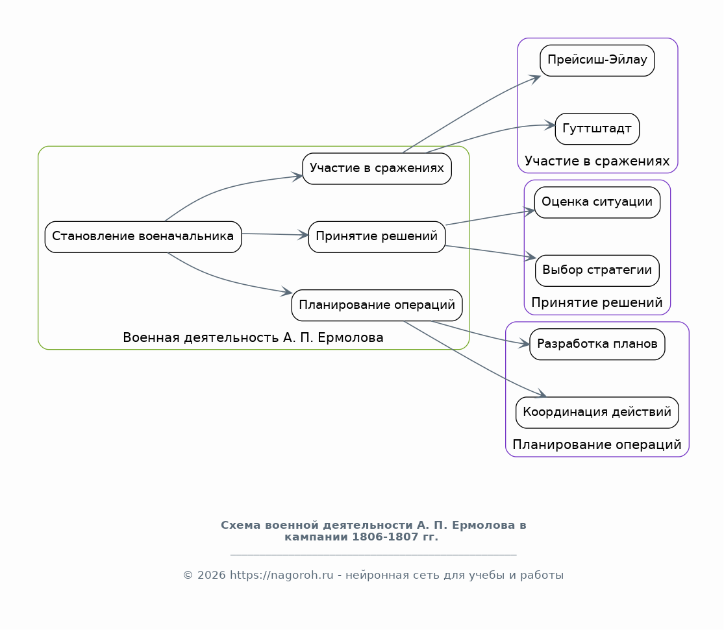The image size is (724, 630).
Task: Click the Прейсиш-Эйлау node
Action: pos(597,60)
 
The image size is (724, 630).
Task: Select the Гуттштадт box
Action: pos(597,128)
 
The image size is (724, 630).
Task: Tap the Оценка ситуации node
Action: pos(597,202)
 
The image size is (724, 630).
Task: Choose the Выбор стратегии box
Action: pos(597,271)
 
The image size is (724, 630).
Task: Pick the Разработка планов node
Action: pos(597,345)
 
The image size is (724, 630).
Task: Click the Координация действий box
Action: pos(597,413)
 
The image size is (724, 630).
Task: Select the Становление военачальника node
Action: pos(143,237)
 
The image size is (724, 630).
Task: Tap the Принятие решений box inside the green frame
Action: pos(377,237)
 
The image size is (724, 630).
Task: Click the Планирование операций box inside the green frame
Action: pos(377,305)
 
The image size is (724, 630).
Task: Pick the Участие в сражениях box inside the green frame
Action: pos(377,169)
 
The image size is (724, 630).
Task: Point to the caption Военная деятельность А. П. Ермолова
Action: pos(253,338)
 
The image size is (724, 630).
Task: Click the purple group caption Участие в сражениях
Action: pos(597,161)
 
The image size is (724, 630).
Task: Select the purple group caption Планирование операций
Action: pos(597,445)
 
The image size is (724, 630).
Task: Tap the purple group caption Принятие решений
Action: pos(597,303)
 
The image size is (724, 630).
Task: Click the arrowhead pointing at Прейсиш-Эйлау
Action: pos(536,79)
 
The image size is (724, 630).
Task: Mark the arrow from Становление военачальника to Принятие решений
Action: pos(275,234)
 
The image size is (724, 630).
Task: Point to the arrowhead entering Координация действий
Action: pos(541,393)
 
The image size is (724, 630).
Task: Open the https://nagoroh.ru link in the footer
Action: pos(282,575)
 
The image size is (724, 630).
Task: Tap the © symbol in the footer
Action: pos(188,575)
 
